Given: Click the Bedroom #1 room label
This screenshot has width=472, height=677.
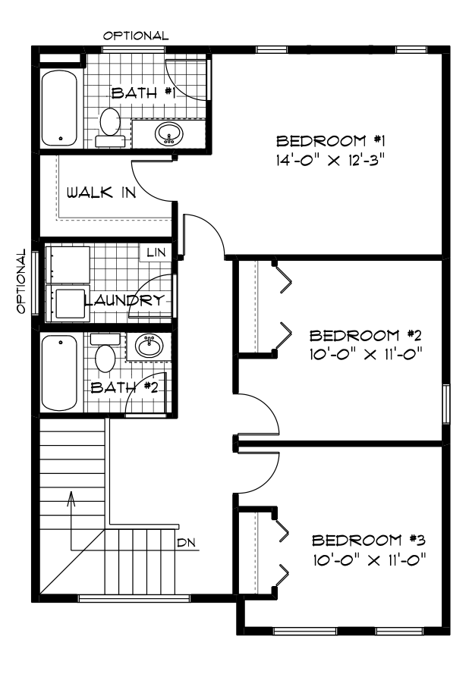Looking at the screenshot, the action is [330, 141].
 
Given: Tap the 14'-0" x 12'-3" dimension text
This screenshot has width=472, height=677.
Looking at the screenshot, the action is [330, 161].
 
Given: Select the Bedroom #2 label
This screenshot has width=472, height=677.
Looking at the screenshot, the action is [366, 335].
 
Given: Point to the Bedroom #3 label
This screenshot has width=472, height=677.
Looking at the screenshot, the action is [369, 540].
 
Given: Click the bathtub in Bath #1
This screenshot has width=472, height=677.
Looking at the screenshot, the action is [59, 109].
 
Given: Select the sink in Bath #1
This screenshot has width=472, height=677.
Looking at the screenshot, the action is [168, 134].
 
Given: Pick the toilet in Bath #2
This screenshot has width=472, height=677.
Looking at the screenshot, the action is [105, 353].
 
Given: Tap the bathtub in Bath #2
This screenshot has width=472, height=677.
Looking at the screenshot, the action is [59, 373].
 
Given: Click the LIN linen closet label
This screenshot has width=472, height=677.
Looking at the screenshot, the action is [156, 252].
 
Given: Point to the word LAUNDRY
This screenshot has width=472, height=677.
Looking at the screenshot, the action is [124, 299].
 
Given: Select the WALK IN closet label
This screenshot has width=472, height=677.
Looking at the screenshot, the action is [101, 193].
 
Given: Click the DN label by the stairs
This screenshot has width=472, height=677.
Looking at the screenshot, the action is [186, 543].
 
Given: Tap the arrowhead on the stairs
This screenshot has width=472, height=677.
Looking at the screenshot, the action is [71, 498].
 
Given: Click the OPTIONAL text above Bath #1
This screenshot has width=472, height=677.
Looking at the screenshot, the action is [135, 36].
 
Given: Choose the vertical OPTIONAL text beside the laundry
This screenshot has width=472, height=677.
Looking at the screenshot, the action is [21, 281].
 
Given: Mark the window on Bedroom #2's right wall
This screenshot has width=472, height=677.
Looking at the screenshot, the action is [446, 404].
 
